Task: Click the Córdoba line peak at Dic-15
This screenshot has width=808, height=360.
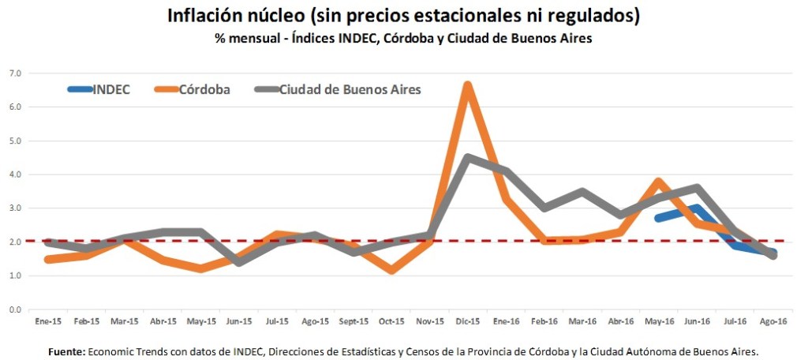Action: (468, 85)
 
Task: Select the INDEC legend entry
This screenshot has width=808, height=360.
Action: (111, 89)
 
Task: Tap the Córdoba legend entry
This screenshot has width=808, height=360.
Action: (204, 89)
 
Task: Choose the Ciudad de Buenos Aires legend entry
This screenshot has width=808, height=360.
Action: (350, 89)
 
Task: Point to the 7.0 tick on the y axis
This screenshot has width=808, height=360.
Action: (15, 73)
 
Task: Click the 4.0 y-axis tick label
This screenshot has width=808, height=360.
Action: (15, 174)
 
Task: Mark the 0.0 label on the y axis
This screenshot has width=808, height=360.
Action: (15, 309)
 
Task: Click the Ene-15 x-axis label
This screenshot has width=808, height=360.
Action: (48, 322)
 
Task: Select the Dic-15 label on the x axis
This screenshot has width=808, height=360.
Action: (468, 322)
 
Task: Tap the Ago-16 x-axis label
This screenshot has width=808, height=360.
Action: (772, 322)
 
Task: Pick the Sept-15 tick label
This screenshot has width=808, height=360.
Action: (353, 322)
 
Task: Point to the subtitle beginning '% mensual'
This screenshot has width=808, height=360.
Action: (403, 39)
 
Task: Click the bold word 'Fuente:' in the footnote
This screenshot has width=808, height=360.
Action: (65, 351)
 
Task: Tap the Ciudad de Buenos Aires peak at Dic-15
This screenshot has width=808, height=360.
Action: (468, 157)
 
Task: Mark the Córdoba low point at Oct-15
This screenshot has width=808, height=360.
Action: (391, 271)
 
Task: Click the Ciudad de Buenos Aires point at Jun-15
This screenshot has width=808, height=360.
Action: (239, 262)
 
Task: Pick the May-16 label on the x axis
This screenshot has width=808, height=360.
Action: (659, 322)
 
